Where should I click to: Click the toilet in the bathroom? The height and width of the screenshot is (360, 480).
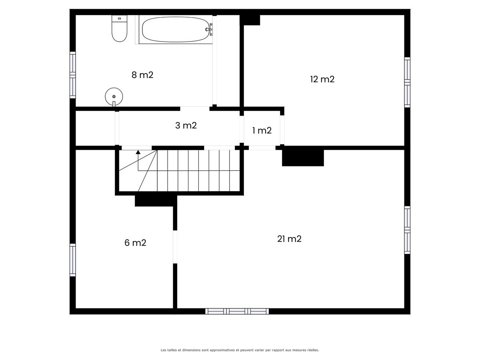pos(119,28)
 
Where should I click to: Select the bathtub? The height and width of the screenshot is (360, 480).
pos(175,30)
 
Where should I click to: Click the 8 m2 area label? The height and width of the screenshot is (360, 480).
pos(142,75)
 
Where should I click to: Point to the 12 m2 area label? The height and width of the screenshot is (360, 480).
pos(322,79)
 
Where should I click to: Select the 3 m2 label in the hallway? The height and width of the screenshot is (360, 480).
pos(186,126)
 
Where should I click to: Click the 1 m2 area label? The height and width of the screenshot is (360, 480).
pos(262,130)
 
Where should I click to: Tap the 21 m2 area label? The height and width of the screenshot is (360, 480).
pos(289,239)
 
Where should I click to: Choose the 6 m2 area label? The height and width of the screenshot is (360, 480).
pos(135,243)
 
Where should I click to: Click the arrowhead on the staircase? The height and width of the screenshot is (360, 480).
pos(138,152)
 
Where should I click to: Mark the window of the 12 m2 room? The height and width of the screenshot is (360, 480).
pos(407,82)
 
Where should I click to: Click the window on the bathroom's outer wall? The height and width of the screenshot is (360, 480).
pos(73,75)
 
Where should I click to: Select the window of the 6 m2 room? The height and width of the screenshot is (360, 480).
pos(73,260)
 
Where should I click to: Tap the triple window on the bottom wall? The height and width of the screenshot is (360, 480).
pos(237,311)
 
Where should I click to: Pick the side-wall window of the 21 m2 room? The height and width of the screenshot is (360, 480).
pos(407,230)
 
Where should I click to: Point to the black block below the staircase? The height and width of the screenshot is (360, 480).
pos(156,201)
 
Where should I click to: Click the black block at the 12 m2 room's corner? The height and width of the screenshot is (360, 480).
pos(250,20)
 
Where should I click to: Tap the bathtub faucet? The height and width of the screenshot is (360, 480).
pos(209,29)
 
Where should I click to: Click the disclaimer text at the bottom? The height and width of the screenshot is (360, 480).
pos(240,350)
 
